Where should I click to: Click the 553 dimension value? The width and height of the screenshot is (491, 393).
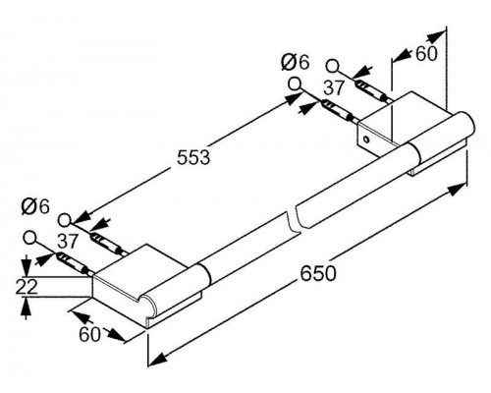pyautogui.click(x=193, y=157)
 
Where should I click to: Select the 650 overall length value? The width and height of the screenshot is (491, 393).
pyautogui.click(x=318, y=273)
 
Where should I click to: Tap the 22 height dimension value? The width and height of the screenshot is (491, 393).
pyautogui.click(x=27, y=287)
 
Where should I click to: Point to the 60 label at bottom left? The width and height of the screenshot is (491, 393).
pyautogui.click(x=89, y=334)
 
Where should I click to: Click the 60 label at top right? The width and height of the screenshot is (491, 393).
pyautogui.click(x=426, y=54)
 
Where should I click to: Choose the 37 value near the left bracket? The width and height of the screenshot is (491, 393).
pyautogui.click(x=68, y=242)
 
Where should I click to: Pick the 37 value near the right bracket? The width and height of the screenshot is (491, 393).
pyautogui.click(x=334, y=88)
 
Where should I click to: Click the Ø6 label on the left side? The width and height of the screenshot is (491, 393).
pyautogui.click(x=35, y=207)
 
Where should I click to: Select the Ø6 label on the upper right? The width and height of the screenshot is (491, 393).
pyautogui.click(x=295, y=62)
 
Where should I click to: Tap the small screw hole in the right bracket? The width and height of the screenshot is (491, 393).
pyautogui.click(x=366, y=140)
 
